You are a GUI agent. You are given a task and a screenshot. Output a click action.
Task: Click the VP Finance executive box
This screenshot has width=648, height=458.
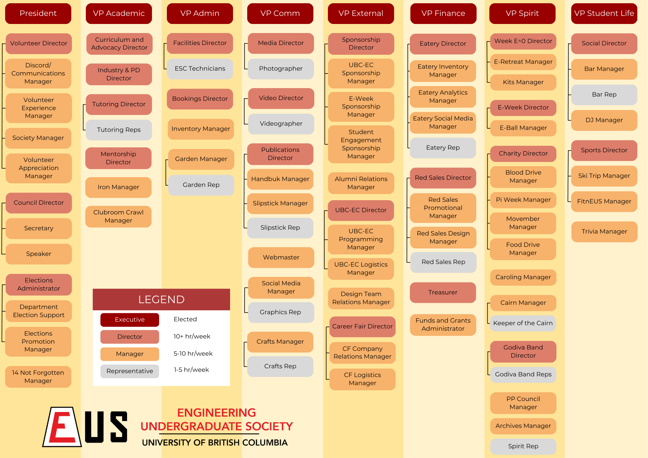[443, 13]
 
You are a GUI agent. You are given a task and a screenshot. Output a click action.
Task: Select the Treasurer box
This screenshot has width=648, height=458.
[443, 292]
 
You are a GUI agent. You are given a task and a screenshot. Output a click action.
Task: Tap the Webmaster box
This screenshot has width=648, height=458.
[281, 258]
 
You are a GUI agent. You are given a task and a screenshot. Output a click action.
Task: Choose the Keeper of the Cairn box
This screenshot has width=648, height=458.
[523, 323]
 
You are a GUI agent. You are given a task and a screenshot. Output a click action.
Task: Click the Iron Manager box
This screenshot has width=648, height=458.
[118, 187]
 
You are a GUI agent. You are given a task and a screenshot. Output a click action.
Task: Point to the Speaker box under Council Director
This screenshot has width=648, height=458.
[39, 254]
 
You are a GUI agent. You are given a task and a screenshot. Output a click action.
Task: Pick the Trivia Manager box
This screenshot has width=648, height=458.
[604, 232]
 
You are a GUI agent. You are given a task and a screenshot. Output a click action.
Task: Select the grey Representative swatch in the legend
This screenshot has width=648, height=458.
[130, 371]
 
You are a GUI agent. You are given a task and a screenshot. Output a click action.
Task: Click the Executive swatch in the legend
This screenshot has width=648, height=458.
[130, 320]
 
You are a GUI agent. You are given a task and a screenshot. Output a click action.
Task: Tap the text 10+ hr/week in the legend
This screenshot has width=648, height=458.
[192, 337]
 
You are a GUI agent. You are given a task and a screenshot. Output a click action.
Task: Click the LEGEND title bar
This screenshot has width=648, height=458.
[161, 299]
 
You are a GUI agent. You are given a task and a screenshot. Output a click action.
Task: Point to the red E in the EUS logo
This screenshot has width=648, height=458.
[62, 427]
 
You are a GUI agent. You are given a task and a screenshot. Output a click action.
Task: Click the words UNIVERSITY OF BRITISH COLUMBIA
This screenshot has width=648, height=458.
[214, 443]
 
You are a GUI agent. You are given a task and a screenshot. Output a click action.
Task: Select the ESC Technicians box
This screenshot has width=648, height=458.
[200, 69]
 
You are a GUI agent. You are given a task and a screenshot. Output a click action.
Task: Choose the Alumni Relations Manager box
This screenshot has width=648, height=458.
[361, 183]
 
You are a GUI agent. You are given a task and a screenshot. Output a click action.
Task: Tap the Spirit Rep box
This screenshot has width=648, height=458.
[523, 446]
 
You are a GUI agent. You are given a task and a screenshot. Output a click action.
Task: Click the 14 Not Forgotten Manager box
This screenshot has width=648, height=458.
[38, 377]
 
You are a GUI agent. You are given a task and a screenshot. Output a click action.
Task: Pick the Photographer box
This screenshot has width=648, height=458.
[281, 69]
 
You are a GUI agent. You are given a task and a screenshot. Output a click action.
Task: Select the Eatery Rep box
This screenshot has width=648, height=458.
[443, 148]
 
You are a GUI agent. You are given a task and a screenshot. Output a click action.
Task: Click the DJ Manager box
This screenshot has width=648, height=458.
[604, 120]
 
